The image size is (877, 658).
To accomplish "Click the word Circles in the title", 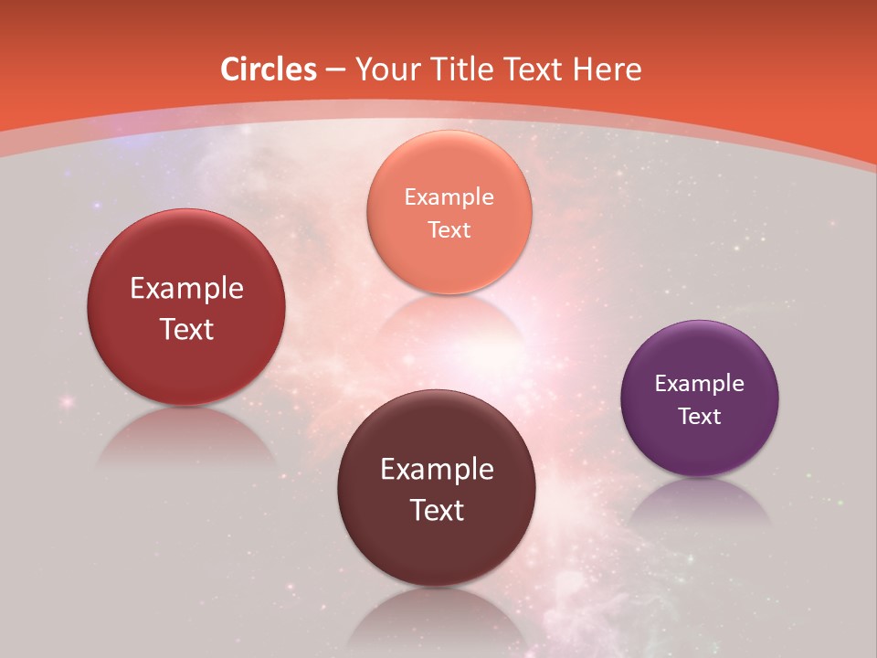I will [x=268, y=69].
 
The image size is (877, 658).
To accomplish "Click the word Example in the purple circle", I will [x=699, y=384].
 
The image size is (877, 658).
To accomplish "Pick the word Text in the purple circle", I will [x=699, y=417].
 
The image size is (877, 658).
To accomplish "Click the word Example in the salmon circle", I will [x=449, y=197].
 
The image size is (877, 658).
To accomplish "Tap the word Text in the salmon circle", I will [x=449, y=230].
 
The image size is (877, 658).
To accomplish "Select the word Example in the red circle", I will [x=186, y=289].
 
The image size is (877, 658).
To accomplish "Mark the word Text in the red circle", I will [x=186, y=329].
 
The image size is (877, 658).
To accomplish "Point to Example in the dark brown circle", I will [x=437, y=470].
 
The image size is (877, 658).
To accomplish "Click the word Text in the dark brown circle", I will [x=437, y=510].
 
